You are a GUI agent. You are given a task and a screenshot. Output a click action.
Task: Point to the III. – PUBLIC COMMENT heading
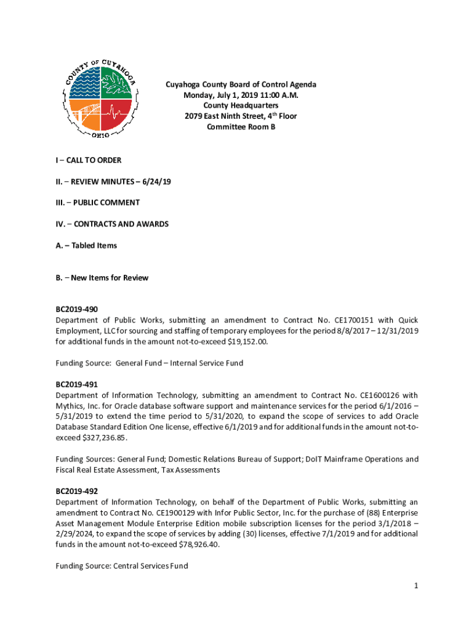(97, 202)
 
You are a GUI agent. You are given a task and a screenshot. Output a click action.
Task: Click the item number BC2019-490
(77, 309)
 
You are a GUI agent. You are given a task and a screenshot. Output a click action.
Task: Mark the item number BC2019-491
(77, 384)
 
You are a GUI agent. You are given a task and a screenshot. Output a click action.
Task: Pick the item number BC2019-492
(77, 491)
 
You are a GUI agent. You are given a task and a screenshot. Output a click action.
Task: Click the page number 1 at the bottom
(416, 586)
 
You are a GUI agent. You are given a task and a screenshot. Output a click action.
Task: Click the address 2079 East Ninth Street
(222, 116)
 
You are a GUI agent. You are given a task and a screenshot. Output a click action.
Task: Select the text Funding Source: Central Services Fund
(121, 566)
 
